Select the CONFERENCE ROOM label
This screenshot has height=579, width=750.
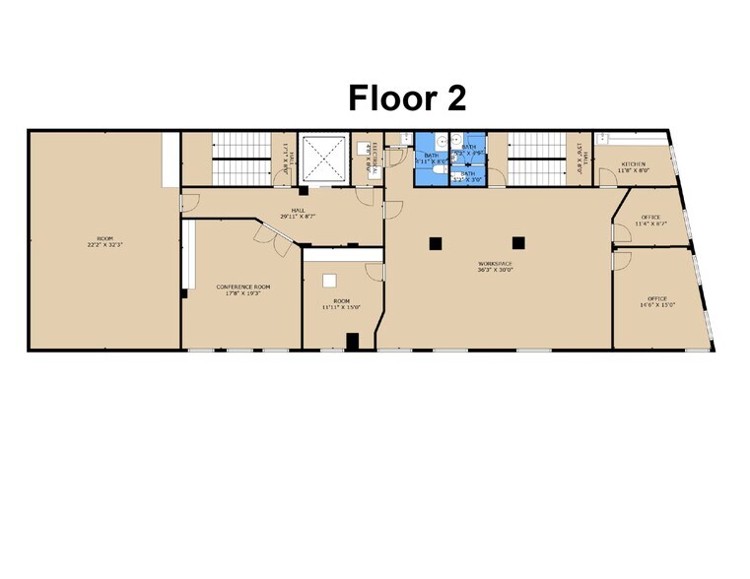pyautogui.click(x=242, y=287)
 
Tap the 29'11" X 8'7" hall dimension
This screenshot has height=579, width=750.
pyautogui.click(x=298, y=216)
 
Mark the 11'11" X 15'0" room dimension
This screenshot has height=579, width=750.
pyautogui.click(x=341, y=306)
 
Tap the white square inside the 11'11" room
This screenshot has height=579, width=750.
pyautogui.click(x=332, y=278)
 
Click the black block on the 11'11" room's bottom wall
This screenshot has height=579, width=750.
pyautogui.click(x=352, y=342)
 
